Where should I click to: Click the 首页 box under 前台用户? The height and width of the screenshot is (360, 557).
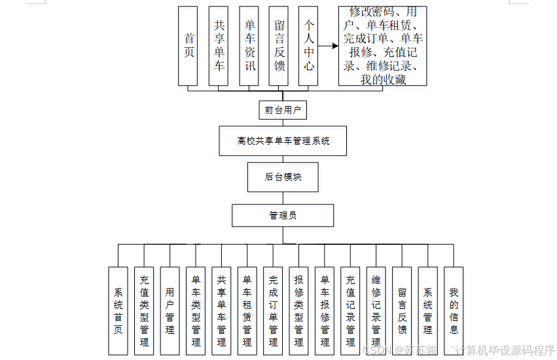coord(189,46)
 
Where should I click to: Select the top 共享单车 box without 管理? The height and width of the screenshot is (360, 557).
coord(219,46)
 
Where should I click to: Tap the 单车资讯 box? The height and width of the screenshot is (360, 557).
coord(249,46)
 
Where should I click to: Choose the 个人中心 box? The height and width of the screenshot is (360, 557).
coord(308,46)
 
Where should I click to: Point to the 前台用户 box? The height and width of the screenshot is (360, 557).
coord(283,110)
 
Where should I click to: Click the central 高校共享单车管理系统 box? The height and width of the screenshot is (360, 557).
coord(283,141)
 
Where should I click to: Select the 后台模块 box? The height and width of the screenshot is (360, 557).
coord(283,177)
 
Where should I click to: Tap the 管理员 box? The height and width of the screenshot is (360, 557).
coord(283,215)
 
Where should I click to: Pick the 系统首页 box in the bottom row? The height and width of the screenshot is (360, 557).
coord(118,311)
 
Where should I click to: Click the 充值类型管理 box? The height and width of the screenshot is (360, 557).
coord(144,311)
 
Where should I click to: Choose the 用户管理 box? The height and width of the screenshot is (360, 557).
coord(170,311)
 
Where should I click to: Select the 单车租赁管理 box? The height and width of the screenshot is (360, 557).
coord(247,311)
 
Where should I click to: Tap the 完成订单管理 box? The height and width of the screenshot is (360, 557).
coord(273,311)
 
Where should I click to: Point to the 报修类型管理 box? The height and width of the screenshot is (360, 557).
coord(298,311)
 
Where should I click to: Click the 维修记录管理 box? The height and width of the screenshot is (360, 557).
coord(376,311)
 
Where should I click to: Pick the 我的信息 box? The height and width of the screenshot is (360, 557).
coord(454,311)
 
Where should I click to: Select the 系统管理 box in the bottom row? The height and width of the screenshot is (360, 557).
coord(427,311)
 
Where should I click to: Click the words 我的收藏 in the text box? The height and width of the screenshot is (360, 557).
coord(383,80)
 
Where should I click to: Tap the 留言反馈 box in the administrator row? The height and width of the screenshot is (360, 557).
coord(402,311)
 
